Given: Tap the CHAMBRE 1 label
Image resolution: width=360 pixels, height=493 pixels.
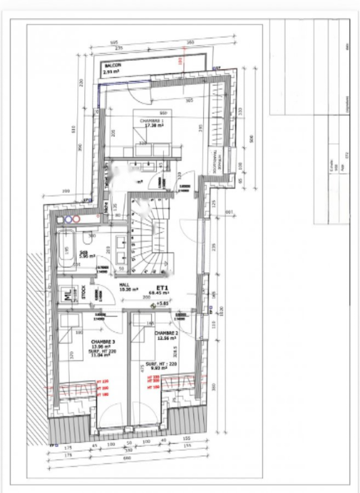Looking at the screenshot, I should point(150,121).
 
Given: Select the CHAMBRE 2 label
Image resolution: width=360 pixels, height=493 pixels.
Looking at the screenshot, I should point(165,333).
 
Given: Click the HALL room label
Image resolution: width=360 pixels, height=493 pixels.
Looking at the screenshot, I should point(125,285).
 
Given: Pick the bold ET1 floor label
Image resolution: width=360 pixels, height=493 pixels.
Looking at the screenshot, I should point(162,287).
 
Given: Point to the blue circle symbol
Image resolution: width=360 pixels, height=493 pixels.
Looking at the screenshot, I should point(68,219).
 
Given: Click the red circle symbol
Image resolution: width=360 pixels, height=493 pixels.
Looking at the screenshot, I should point(77,219).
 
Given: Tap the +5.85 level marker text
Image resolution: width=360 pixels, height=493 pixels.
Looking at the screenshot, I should point(163,303).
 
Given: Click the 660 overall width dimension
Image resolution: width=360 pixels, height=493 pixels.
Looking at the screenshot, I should point(128,457).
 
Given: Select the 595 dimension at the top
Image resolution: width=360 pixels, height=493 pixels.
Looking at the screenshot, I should point(114,42).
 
